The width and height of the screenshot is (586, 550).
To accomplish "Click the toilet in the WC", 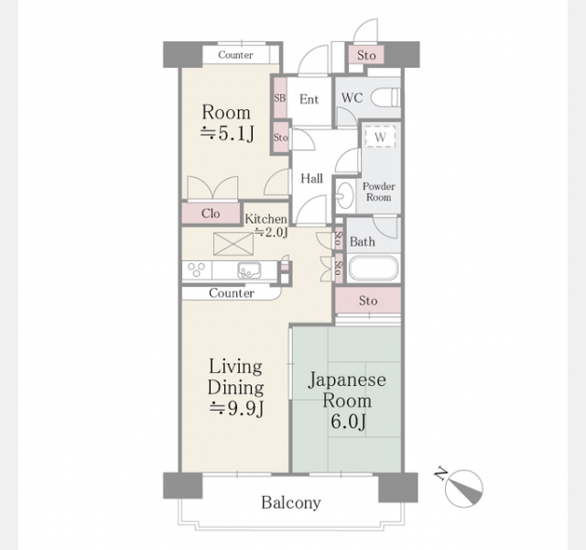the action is (x=385, y=98).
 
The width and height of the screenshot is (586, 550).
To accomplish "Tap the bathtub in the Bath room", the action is (x=373, y=268).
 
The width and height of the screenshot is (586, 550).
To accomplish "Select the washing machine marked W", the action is (x=380, y=137).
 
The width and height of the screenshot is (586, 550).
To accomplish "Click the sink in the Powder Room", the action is (x=345, y=195).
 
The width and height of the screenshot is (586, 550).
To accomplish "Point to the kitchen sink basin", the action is (x=249, y=270).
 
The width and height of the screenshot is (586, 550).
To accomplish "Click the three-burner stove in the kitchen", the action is (x=197, y=269).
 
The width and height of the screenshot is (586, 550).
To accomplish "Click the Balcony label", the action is (x=291, y=502).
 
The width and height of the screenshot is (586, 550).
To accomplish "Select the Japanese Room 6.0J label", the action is (x=347, y=401).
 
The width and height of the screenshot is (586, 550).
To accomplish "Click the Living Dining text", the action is (x=235, y=377).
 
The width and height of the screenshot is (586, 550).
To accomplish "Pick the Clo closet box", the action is (x=211, y=214).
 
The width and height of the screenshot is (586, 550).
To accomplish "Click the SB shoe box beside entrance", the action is (x=280, y=98).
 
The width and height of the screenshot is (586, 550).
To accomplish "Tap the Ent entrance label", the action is (x=309, y=99).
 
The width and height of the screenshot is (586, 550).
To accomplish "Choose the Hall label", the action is (x=311, y=179).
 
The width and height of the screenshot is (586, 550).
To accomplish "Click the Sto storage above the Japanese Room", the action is (x=368, y=300).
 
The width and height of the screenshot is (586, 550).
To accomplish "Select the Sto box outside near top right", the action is (x=366, y=55).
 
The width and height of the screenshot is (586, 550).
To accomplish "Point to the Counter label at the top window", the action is (x=235, y=55).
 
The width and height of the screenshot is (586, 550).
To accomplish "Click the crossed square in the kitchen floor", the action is (x=233, y=244).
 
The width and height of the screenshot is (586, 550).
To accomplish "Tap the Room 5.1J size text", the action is (x=228, y=133).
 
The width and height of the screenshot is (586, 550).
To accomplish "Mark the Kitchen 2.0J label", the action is (x=266, y=225).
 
